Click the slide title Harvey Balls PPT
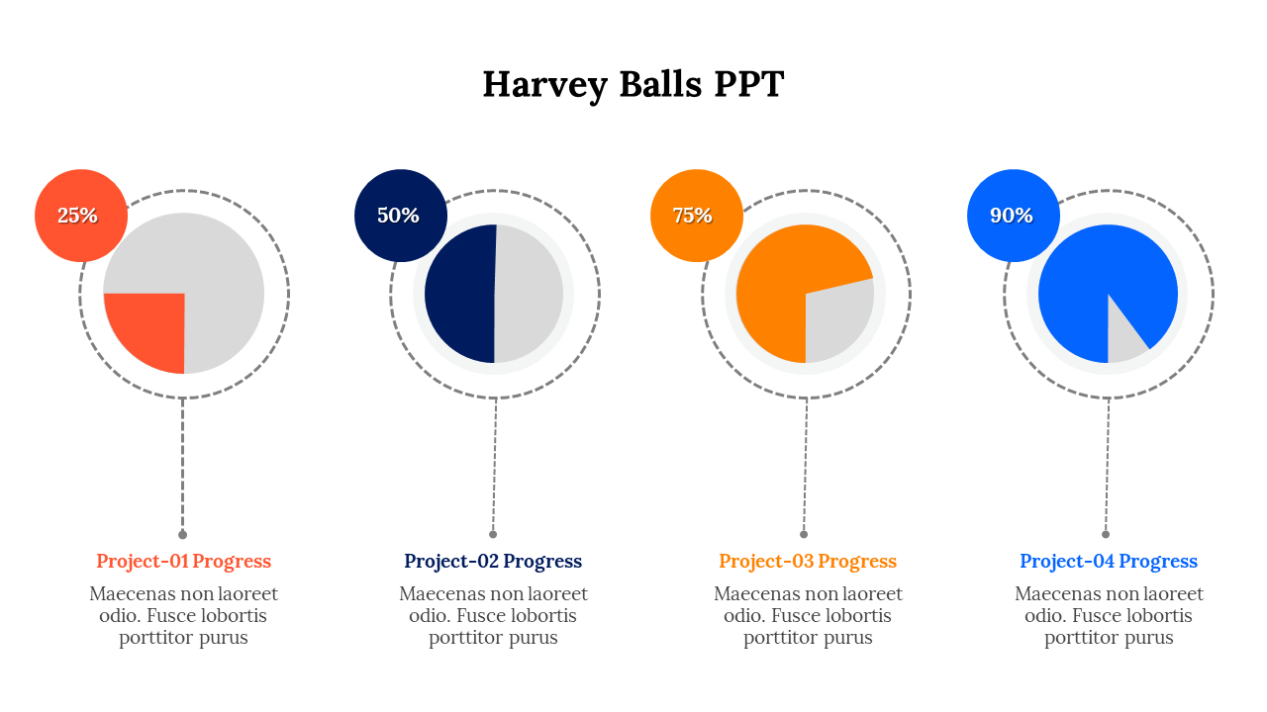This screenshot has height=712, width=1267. coord(633,85)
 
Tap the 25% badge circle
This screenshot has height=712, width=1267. coord(81,216)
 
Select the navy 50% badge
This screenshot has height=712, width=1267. coord(401,216)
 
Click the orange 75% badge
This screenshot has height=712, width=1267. coord(696,216)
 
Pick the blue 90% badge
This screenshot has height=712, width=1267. coord(1013,216)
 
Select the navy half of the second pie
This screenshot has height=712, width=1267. coord(461,294)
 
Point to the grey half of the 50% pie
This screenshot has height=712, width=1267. coord(529,294)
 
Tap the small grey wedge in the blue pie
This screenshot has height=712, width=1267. coord(1122,339)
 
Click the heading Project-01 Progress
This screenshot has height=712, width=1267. coord(183,561)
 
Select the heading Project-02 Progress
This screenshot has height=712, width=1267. coord(493,561)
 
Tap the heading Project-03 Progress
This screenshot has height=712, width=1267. coord(808,561)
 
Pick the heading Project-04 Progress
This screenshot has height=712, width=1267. coord(1109,561)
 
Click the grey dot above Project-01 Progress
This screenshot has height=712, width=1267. coord(182,535)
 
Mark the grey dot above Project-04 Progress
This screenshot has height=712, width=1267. coord(1106,535)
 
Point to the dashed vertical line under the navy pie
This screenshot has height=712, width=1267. coord(494,465)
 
